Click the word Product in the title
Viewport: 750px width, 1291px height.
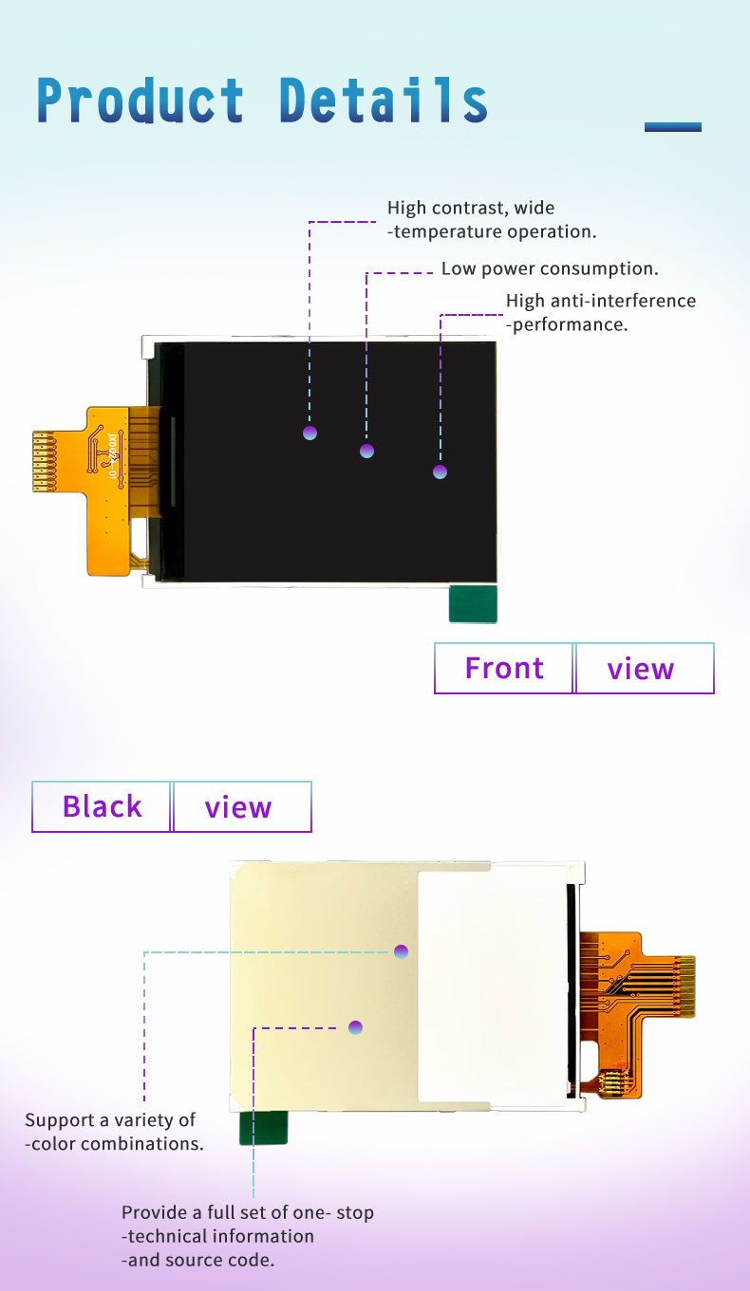tap(141, 101)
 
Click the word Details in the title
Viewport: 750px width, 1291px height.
tap(384, 101)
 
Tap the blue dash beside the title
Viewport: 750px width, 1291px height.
tap(673, 127)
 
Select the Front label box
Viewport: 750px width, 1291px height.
tap(504, 668)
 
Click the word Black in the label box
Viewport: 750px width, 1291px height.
tap(103, 806)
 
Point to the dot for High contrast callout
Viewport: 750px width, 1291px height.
tap(309, 433)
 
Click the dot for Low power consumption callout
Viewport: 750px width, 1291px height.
tap(366, 451)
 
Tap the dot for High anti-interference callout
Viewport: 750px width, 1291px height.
tap(440, 472)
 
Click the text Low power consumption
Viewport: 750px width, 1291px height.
tap(550, 268)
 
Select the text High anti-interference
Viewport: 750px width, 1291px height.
tap(601, 301)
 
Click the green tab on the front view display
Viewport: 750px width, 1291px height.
tap(473, 604)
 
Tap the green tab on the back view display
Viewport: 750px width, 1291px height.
tap(264, 1128)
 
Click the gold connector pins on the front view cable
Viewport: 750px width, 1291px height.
tap(44, 462)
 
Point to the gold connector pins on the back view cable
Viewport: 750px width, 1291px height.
tap(684, 987)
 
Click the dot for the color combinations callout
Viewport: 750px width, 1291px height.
tap(401, 951)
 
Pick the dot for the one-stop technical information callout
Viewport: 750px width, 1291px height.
tap(355, 1027)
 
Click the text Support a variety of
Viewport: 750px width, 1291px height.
tap(110, 1120)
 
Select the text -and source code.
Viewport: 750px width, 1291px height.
tap(197, 1260)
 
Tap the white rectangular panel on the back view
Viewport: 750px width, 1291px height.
tap(492, 987)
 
